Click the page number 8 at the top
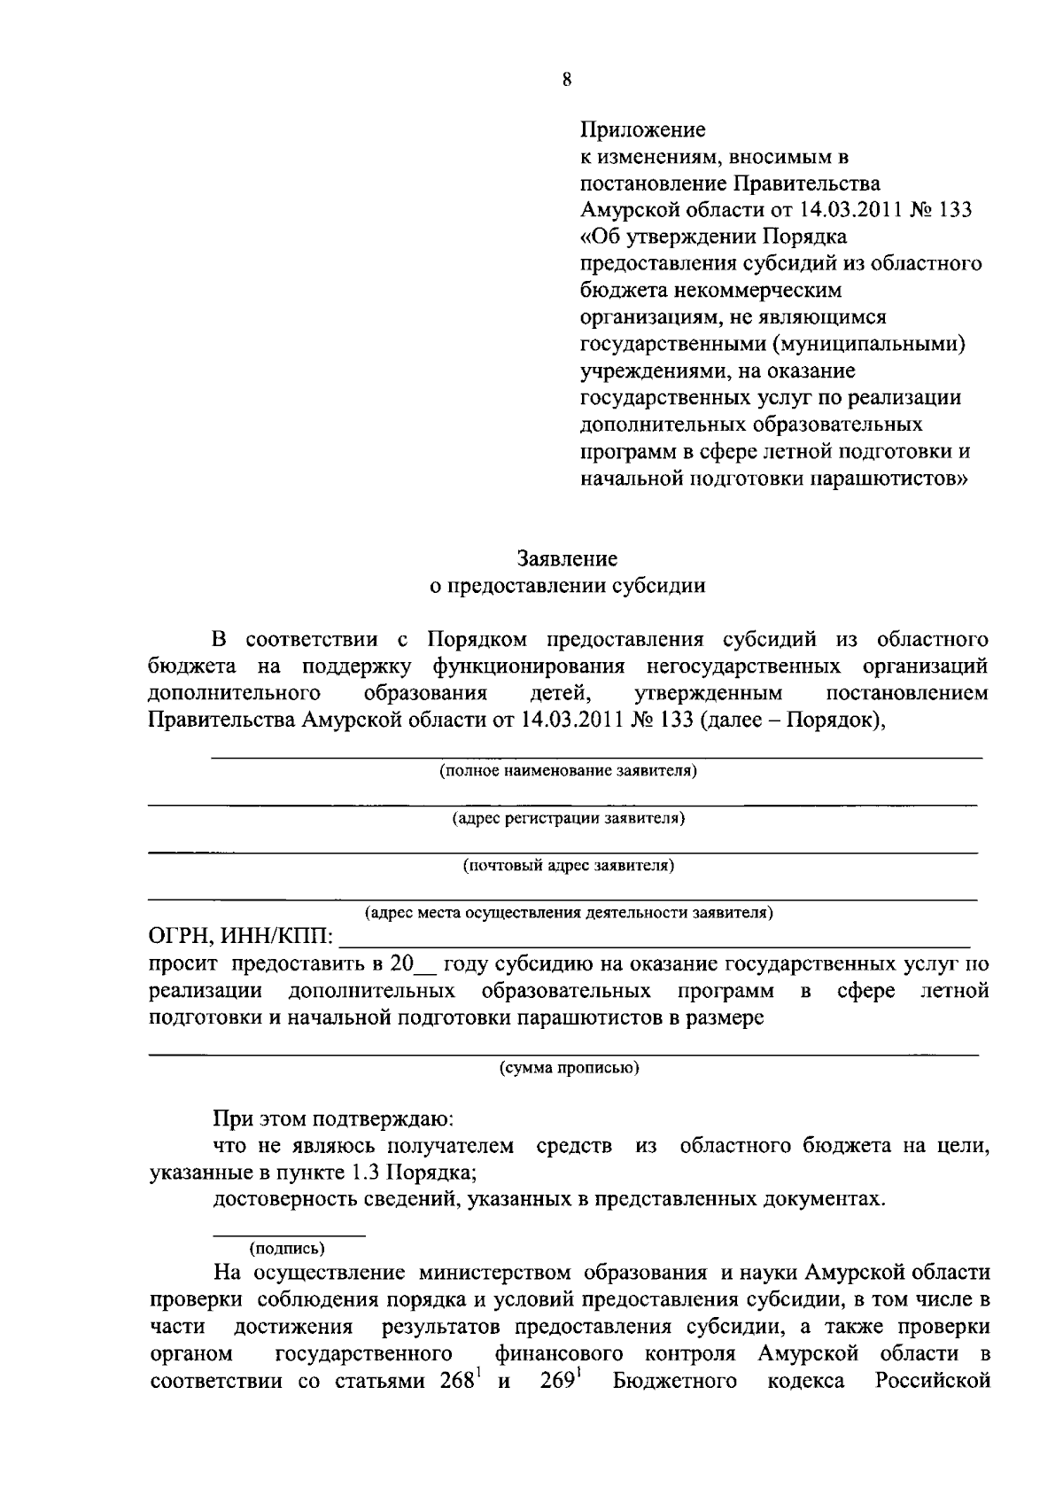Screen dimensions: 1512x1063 tap(567, 80)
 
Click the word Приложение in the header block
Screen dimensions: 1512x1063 tap(642, 130)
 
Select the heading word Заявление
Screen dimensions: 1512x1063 tap(567, 559)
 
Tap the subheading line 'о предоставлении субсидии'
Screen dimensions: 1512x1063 tap(567, 586)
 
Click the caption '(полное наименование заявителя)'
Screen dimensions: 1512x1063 tap(568, 771)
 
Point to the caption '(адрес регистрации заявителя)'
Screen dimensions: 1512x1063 tap(568, 818)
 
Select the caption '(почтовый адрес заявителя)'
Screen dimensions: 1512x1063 tap(568, 865)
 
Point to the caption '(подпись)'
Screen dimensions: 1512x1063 tap(287, 1249)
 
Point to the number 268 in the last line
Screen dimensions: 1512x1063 tap(459, 1382)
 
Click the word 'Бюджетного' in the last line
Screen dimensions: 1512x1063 tap(675, 1382)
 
